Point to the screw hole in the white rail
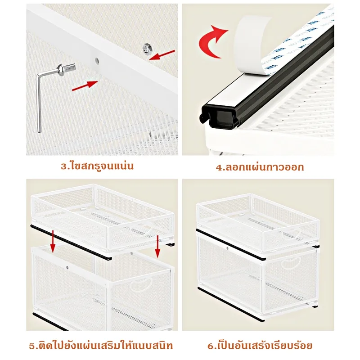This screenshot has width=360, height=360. tap(97, 61)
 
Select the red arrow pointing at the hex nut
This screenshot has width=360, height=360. tap(162, 55)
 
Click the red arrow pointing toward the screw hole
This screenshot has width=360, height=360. tap(85, 85)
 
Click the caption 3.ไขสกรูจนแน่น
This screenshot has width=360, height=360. tap(97, 166)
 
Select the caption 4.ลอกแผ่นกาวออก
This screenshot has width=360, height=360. tap(260, 167)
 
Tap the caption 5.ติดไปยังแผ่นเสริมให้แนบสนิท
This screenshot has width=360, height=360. tap(101, 346)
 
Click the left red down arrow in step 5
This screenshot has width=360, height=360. tap(53, 242)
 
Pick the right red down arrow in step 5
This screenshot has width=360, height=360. tap(157, 246)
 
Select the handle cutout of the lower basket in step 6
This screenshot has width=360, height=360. tap(291, 262)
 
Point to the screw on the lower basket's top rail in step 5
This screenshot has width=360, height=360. tap(68, 267)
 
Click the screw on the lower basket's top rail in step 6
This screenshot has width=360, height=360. tap(227, 249)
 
